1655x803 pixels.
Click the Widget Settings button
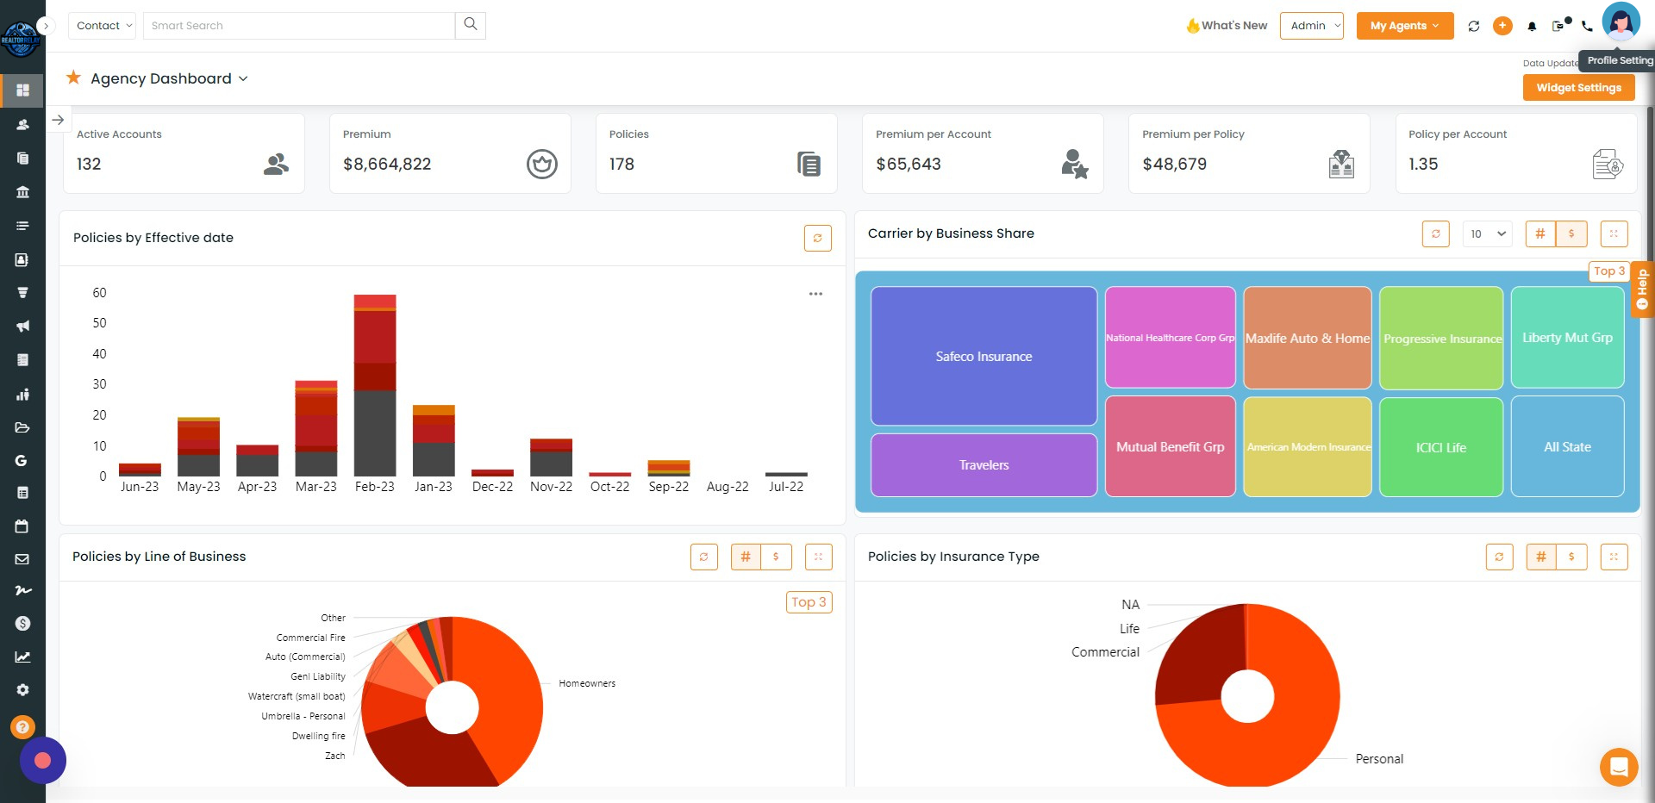click(x=1578, y=88)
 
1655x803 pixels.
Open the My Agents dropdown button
click(x=1404, y=26)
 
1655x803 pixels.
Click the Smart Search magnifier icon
click(x=470, y=25)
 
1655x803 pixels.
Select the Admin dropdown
click(x=1311, y=26)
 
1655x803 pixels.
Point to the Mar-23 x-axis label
click(x=315, y=487)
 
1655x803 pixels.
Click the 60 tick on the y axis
click(x=99, y=293)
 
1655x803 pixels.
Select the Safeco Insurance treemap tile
click(x=984, y=356)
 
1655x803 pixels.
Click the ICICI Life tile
click(x=1440, y=447)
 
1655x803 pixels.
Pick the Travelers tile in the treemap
click(x=984, y=465)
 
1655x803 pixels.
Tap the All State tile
click(x=1567, y=447)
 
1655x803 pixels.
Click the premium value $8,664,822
click(x=387, y=164)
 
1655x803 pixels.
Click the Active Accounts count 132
click(x=89, y=164)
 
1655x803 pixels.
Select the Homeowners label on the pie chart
click(x=587, y=683)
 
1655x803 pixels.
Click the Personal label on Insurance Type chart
click(x=1379, y=759)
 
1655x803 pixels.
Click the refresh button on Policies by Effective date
click(x=817, y=239)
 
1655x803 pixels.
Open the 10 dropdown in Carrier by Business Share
click(x=1487, y=233)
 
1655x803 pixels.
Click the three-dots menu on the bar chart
click(x=815, y=294)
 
